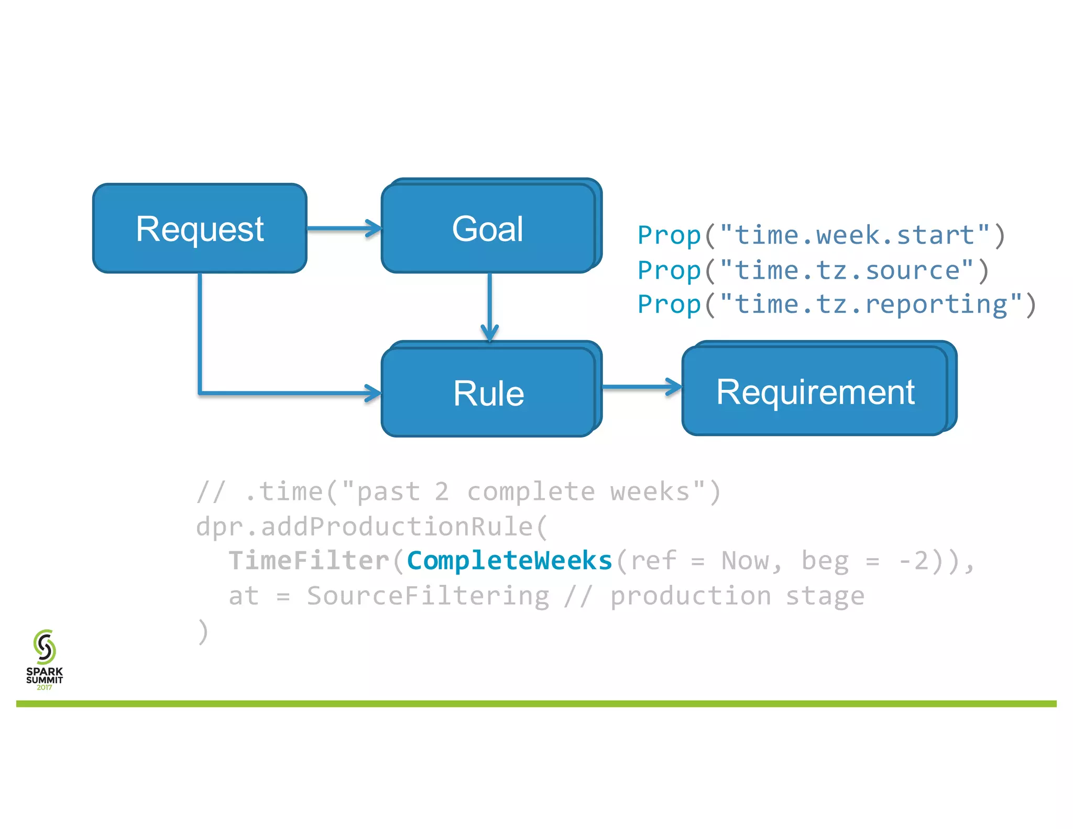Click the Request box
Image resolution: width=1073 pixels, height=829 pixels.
(200, 228)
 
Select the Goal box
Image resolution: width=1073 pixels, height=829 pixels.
(488, 228)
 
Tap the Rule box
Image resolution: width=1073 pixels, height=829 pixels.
(488, 392)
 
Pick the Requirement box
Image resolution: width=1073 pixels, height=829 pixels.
(815, 391)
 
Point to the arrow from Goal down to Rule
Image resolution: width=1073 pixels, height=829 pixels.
(489, 304)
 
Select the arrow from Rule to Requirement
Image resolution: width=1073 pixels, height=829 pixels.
(642, 387)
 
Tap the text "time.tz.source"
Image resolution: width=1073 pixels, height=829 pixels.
(847, 271)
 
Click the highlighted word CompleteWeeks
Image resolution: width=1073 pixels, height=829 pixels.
(509, 561)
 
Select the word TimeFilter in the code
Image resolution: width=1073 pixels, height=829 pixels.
(309, 561)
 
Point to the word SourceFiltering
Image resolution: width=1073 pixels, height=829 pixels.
(428, 596)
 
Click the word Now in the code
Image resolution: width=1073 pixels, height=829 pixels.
(745, 561)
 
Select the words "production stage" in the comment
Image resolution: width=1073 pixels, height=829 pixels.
(737, 596)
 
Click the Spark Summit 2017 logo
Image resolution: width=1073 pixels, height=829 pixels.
(45, 659)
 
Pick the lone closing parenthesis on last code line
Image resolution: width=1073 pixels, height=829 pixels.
(203, 631)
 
